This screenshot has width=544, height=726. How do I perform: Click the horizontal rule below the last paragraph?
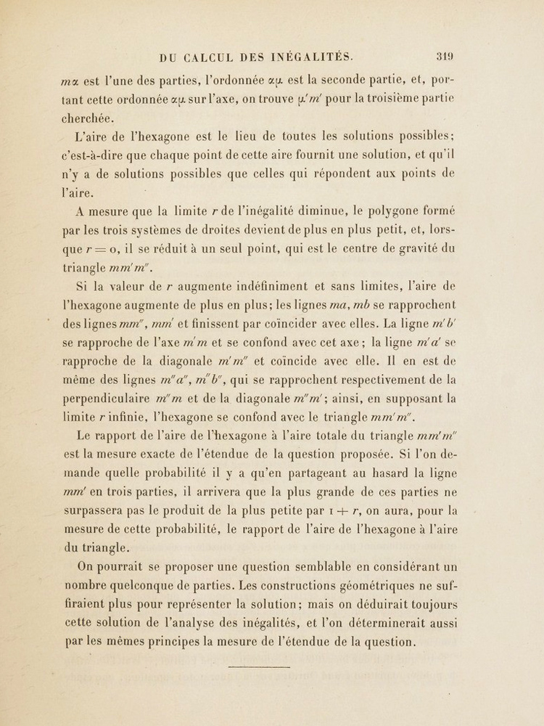[x=259, y=666]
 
